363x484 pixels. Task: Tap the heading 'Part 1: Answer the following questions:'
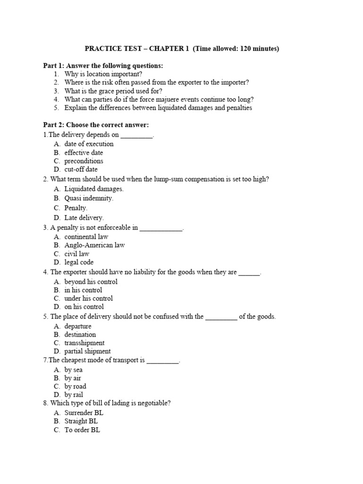point(103,66)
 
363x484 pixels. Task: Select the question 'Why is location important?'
point(103,74)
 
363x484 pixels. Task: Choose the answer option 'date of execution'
point(89,144)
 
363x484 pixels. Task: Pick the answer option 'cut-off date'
point(81,169)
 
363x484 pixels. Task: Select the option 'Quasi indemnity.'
point(89,199)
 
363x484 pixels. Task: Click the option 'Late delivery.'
point(84,218)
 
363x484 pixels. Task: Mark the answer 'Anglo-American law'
point(95,245)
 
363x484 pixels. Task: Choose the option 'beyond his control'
point(91,282)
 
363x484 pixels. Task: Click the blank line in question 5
point(221,317)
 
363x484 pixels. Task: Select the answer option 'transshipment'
point(85,343)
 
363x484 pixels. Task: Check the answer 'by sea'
point(73,370)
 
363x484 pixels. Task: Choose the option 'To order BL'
point(82,430)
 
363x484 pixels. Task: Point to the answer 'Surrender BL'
point(84,413)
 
